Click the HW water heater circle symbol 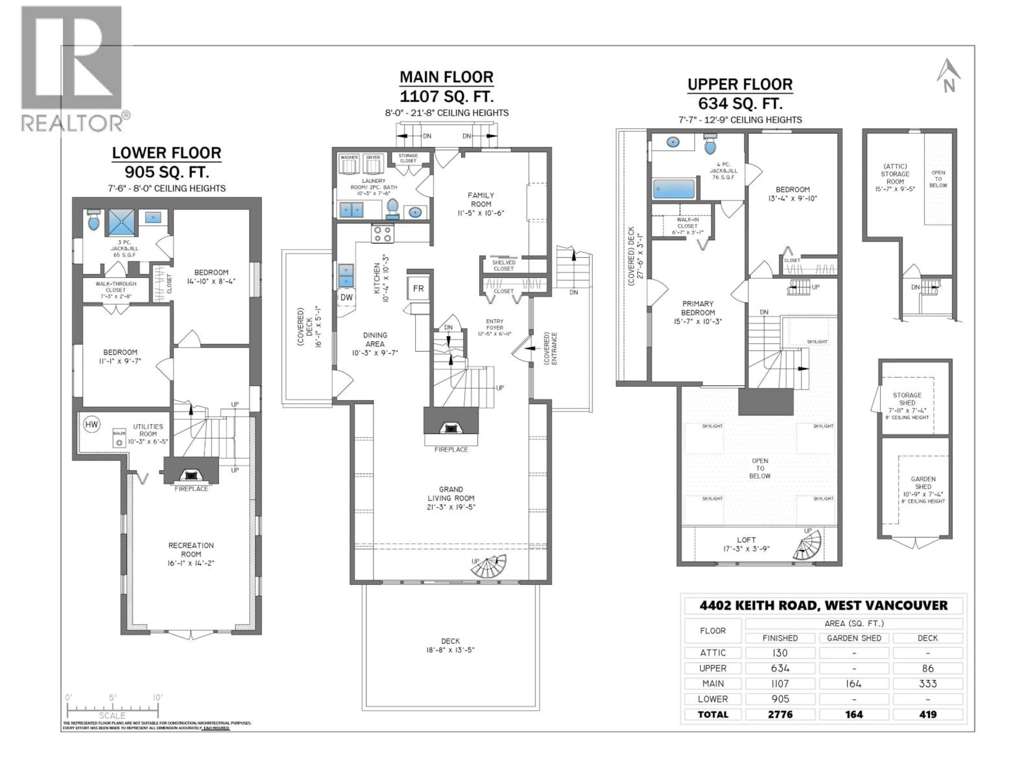click(x=91, y=424)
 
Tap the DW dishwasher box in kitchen click(x=346, y=297)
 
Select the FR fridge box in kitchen click(x=418, y=288)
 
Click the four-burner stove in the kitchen click(x=382, y=234)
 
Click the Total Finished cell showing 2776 click(x=780, y=714)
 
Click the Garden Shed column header click(x=854, y=638)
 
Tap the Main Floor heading click(x=446, y=77)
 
